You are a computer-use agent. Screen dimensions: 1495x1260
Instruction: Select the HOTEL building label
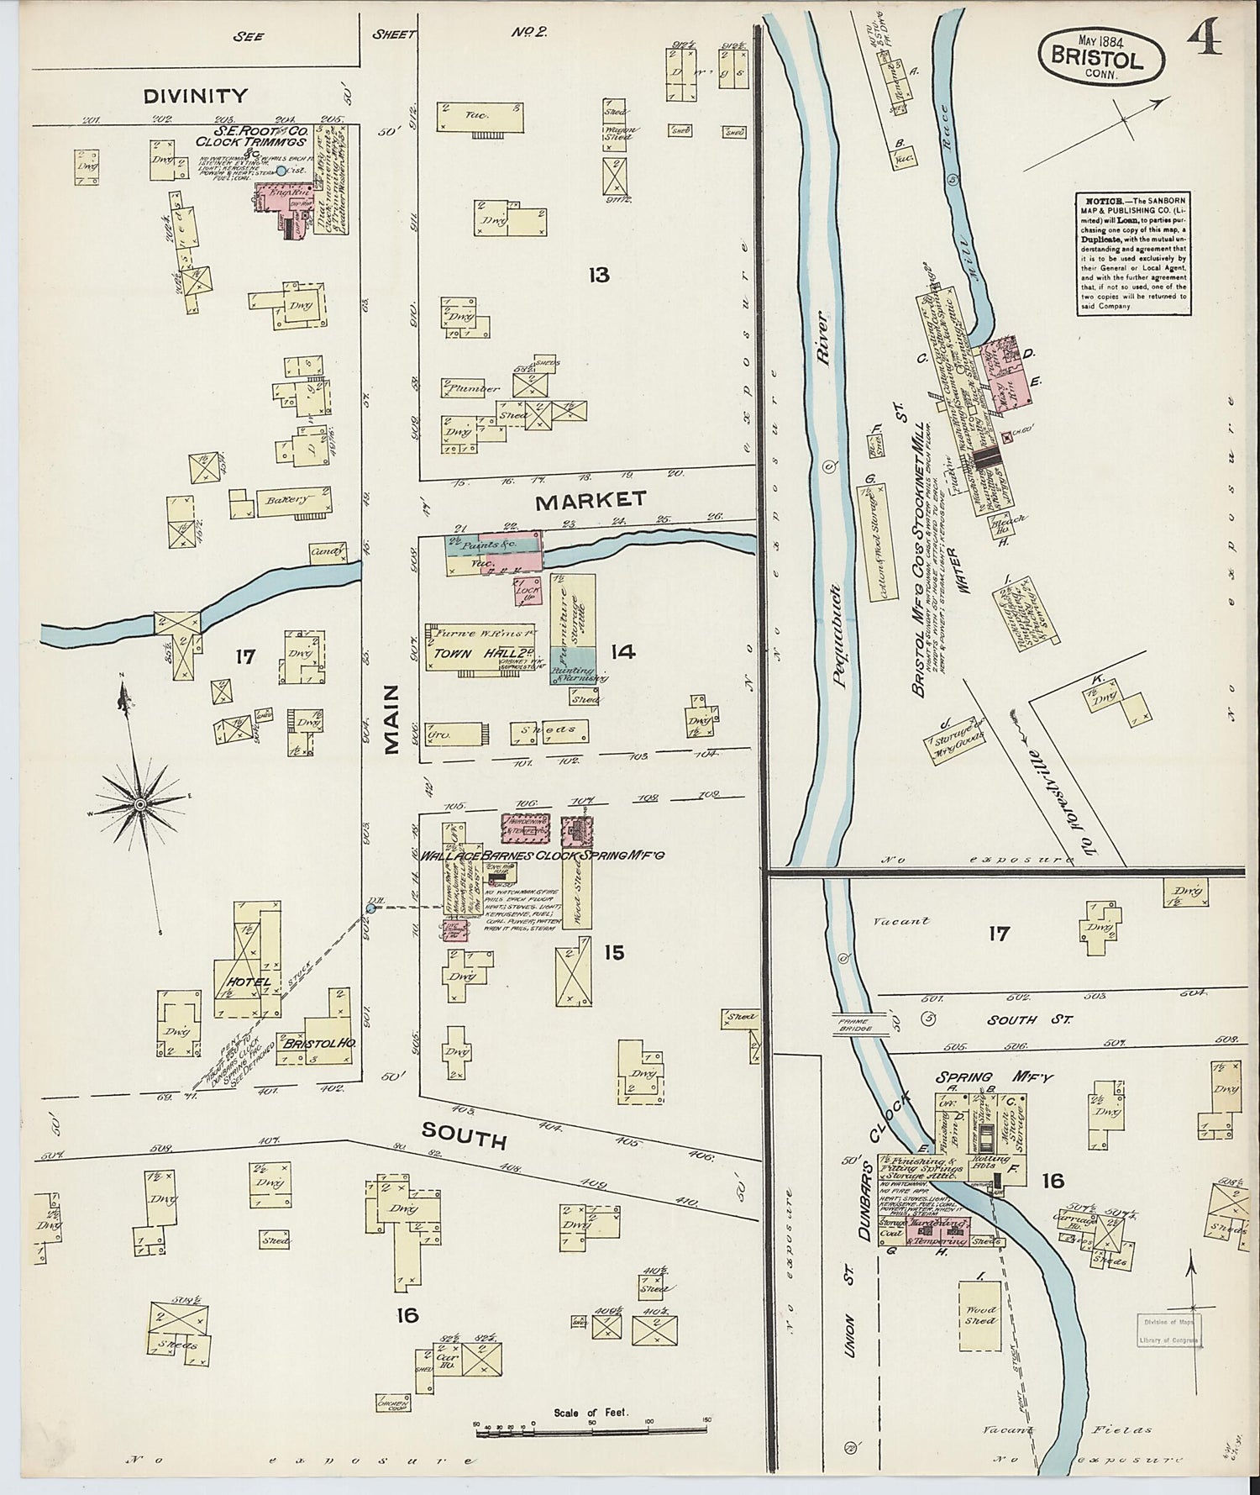click(247, 982)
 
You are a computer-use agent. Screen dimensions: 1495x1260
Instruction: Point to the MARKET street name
click(591, 501)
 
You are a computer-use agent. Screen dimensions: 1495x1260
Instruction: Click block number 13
click(598, 275)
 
